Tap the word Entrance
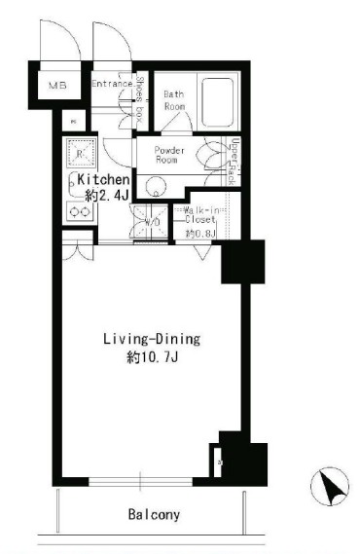point(113,85)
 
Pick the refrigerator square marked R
point(77,154)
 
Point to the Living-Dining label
point(151,340)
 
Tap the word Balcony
point(152,513)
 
